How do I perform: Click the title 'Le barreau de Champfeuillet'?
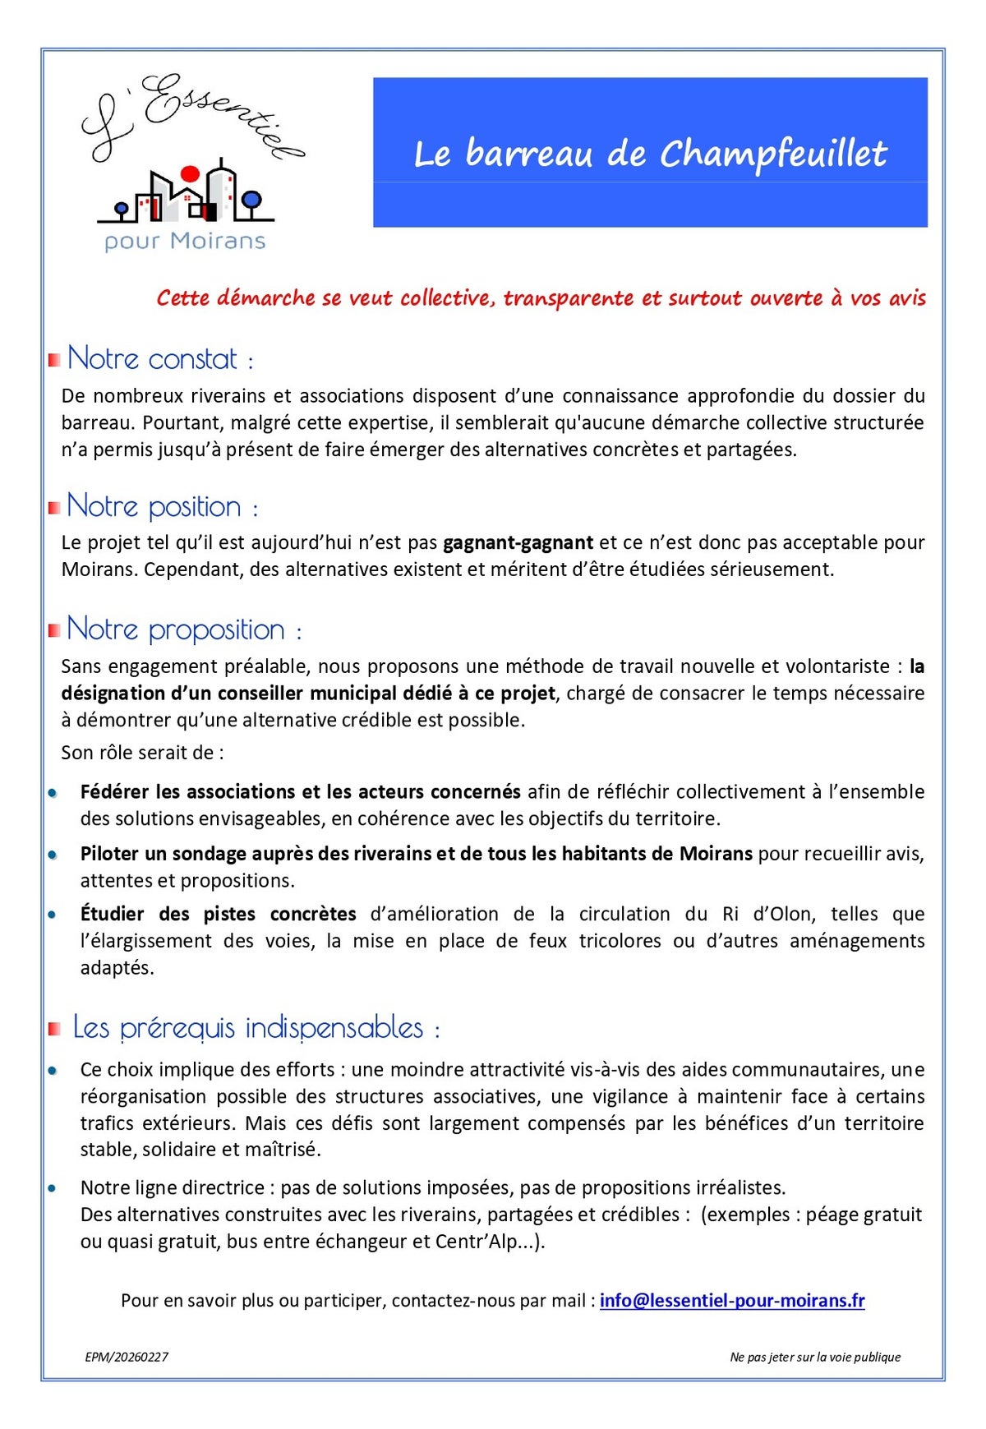click(x=650, y=154)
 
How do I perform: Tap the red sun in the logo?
click(x=190, y=173)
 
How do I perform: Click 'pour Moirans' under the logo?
click(x=185, y=242)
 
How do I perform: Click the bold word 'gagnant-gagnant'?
click(x=518, y=543)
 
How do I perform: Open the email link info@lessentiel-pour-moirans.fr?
click(x=731, y=1301)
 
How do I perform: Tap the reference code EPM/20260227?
click(x=127, y=1357)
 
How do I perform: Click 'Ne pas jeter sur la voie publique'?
click(x=814, y=1357)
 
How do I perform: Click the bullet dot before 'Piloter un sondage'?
click(x=53, y=855)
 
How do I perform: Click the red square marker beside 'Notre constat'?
click(x=54, y=360)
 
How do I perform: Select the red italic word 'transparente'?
click(x=568, y=298)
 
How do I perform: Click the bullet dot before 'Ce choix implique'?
click(x=53, y=1071)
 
